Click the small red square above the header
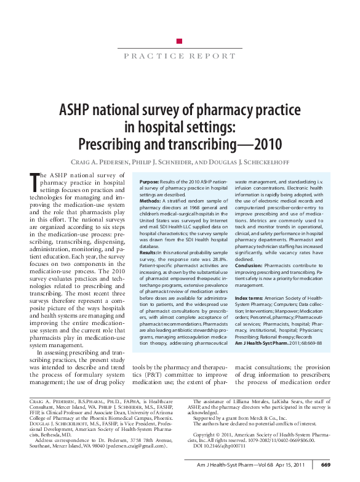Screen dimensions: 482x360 pos(180,41)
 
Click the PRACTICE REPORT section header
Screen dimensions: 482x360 pos(179,55)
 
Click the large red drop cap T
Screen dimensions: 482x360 pos(34,183)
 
